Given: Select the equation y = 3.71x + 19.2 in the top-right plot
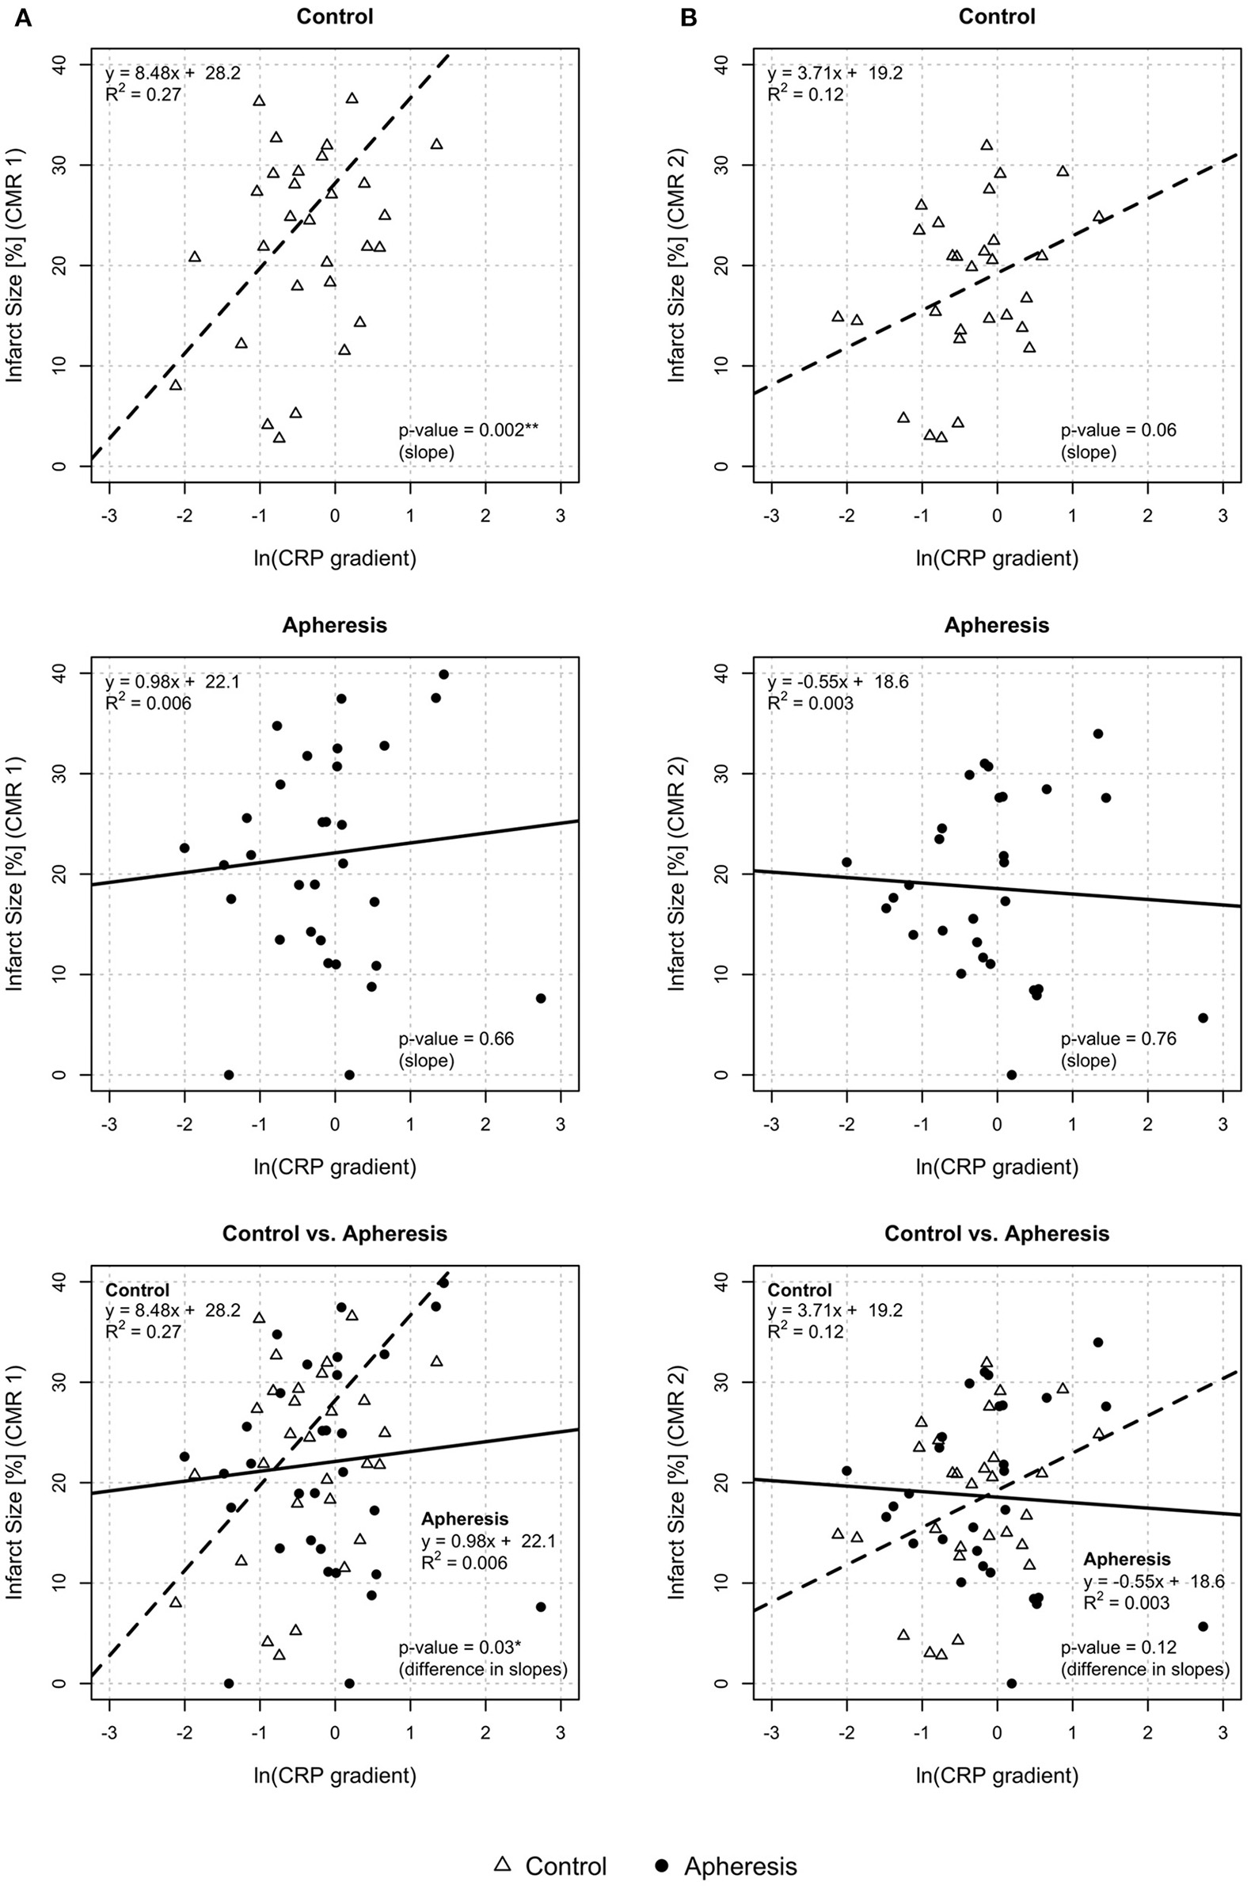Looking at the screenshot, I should [835, 74].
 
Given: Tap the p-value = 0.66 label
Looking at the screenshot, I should [456, 1039].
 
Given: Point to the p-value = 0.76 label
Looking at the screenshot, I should [1118, 1039].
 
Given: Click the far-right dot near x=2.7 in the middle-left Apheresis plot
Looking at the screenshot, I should [540, 999].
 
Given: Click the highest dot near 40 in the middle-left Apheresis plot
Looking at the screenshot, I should [443, 674].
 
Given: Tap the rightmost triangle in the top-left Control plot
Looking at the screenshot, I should [436, 144].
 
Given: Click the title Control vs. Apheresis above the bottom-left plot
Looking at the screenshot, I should [334, 1233].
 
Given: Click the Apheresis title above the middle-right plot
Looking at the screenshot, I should [996, 625].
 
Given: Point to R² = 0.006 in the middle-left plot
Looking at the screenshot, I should [147, 703].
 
